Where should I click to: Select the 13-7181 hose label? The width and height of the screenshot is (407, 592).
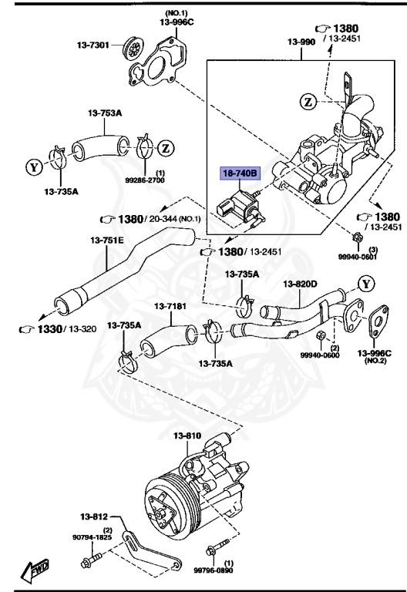(171, 306)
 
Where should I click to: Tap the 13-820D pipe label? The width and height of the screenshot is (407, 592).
(301, 284)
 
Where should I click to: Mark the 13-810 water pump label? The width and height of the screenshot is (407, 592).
(187, 436)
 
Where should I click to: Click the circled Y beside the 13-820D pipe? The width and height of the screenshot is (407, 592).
(366, 284)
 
